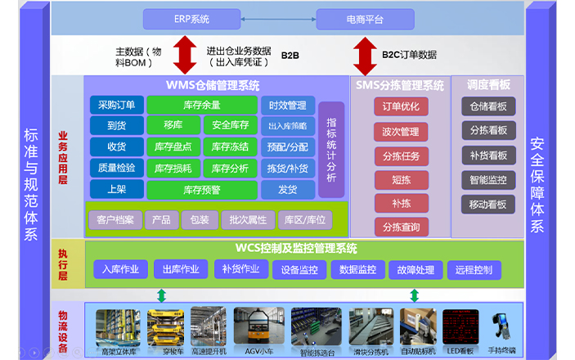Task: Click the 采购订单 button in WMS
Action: [x=118, y=105]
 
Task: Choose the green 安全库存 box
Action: [x=230, y=125]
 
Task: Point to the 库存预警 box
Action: [x=200, y=189]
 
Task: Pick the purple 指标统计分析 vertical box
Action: [x=330, y=150]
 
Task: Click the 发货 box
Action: [x=286, y=189]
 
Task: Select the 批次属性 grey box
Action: [x=248, y=219]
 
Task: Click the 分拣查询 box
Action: [x=400, y=227]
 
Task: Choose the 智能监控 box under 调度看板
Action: [x=487, y=179]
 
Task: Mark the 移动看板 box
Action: [x=487, y=204]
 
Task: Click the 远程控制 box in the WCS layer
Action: [x=474, y=269]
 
